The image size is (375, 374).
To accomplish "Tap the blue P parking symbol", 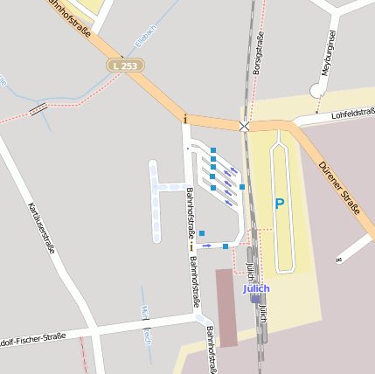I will (280, 204).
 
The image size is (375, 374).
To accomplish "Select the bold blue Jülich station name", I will (256, 288).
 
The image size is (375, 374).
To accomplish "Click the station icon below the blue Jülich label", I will (256, 299).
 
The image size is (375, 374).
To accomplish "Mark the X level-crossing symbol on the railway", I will (245, 127).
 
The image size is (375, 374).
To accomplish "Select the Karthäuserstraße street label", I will (41, 227).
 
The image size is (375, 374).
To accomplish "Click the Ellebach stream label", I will (144, 36).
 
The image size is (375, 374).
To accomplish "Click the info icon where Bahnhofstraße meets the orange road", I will (185, 118).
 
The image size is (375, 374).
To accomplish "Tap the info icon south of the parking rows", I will (191, 247).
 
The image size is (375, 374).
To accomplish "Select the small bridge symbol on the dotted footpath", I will (38, 108).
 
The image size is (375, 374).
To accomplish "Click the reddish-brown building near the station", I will (226, 307).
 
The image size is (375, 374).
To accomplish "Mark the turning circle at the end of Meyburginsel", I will (317, 89).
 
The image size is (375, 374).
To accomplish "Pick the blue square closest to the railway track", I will (242, 187).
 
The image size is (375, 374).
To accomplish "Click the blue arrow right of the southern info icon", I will (207, 246).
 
